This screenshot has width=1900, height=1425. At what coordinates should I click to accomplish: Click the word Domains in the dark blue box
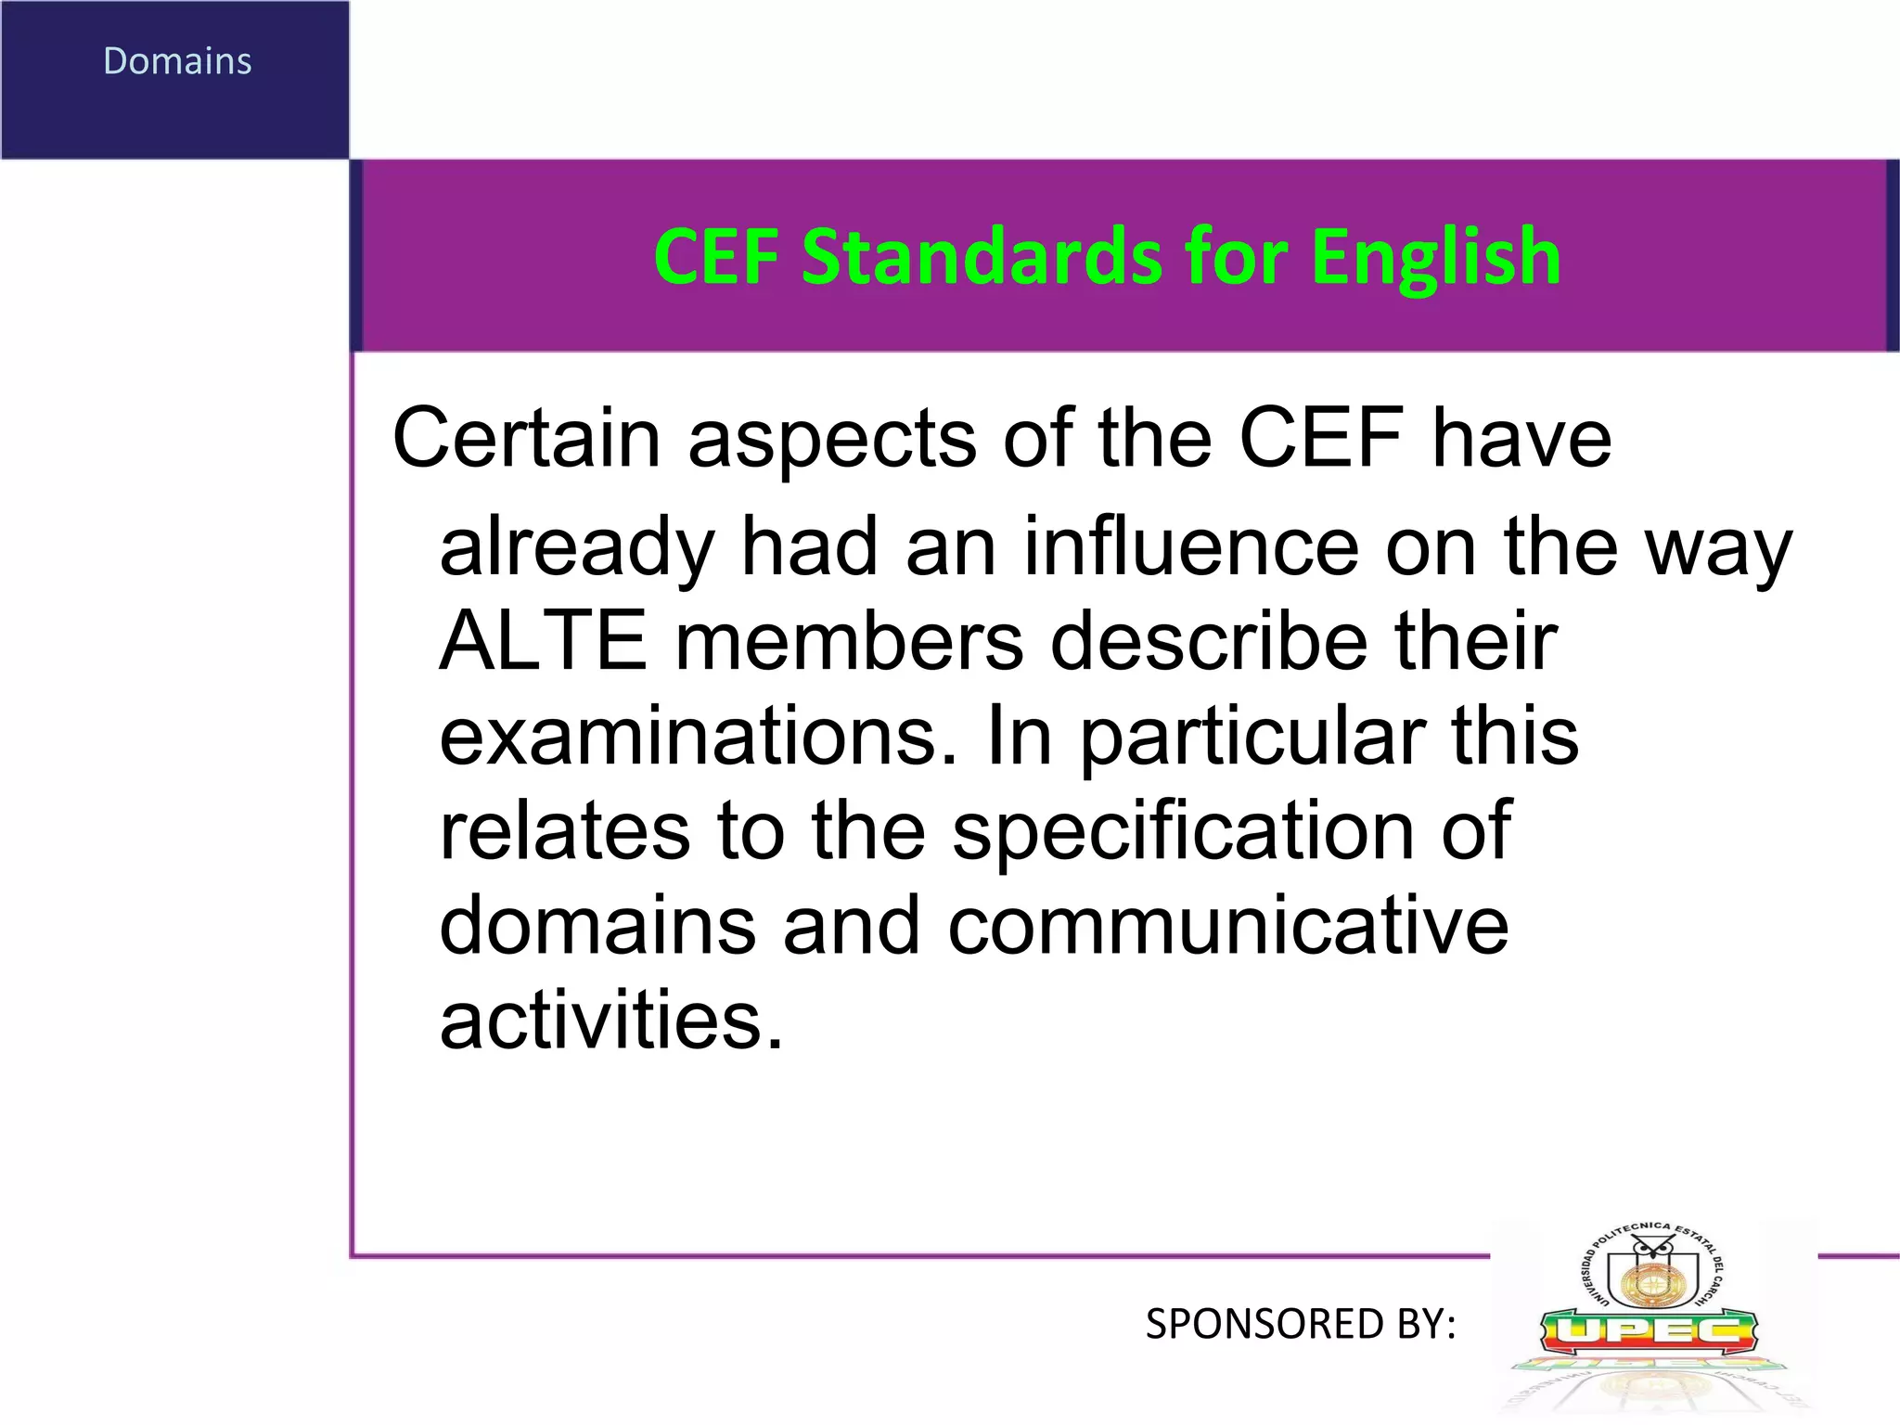click(x=177, y=61)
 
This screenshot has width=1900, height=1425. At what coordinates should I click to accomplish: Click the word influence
click(x=1190, y=546)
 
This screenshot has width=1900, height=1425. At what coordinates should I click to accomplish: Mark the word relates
click(x=565, y=830)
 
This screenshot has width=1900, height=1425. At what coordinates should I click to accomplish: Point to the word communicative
click(x=1227, y=925)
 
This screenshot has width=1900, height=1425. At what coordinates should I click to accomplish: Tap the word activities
click(x=611, y=1020)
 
